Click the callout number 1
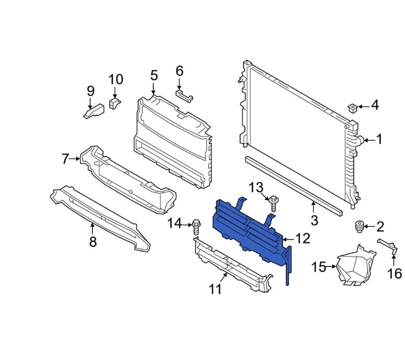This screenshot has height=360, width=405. click(379, 139)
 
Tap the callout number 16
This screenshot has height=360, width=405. click(394, 273)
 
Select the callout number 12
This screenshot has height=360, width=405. click(303, 239)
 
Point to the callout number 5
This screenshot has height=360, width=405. click(153, 75)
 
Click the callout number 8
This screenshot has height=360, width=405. click(93, 242)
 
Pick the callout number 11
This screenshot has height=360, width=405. click(215, 289)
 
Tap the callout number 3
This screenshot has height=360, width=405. click(314, 220)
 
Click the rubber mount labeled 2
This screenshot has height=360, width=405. click(358, 226)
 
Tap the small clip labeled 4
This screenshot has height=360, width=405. click(353, 107)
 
